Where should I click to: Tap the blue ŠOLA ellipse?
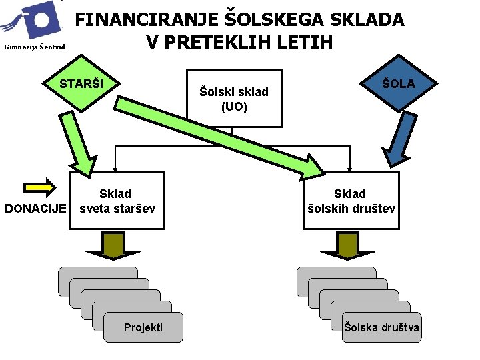(x=399, y=83)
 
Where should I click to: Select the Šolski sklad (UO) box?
(x=233, y=99)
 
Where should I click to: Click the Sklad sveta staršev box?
(x=117, y=201)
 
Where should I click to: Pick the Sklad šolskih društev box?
(x=351, y=201)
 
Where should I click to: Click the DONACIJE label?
(x=35, y=208)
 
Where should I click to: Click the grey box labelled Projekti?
(x=143, y=327)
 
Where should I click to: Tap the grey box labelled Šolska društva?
(x=381, y=327)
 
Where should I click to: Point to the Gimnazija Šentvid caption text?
(x=34, y=47)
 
